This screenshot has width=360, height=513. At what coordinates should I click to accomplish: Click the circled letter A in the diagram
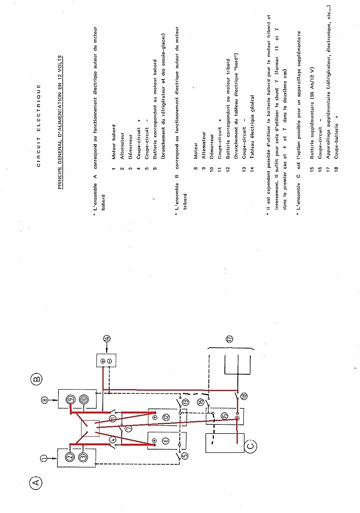coord(36,481)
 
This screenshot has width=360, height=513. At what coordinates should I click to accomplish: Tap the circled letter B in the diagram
coord(37,379)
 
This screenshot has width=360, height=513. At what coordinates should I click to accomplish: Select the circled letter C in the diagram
coord(250,446)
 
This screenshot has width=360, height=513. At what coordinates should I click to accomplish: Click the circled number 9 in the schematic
coord(71,399)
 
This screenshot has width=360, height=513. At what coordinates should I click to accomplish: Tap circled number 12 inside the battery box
coord(166,417)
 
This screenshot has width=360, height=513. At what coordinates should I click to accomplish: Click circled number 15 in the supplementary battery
coord(224,415)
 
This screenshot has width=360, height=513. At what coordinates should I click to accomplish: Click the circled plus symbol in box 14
coord(103,361)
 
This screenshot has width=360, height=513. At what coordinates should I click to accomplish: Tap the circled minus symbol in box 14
coord(110,361)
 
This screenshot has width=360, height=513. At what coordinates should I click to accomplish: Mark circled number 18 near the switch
coord(244,396)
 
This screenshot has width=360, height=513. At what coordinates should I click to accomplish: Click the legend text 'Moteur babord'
coord(114,142)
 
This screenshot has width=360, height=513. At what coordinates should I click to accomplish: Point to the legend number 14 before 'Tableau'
coord(252,169)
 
